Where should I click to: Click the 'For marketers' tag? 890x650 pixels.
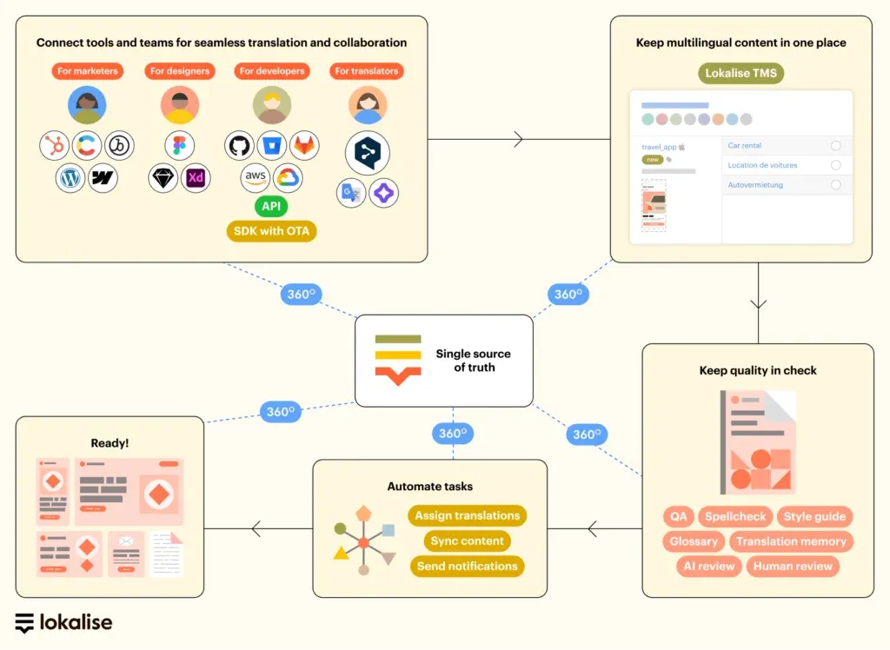pos(88,71)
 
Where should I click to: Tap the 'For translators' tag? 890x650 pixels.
pos(368,71)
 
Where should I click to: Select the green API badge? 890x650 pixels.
pos(271,206)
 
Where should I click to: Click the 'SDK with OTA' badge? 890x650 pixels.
pos(271,231)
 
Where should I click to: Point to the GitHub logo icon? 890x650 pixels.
pos(239,145)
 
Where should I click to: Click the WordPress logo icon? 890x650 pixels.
pos(70,178)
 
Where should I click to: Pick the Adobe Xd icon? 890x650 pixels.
pos(196,178)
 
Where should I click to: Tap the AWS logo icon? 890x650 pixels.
pos(256,177)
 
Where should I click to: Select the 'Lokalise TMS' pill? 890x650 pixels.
pos(741,73)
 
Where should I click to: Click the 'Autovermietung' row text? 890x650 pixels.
pos(755,185)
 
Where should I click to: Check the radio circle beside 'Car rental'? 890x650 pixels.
pos(836,146)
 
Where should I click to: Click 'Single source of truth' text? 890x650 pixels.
pos(473,361)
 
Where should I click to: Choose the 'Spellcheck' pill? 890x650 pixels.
pos(735,516)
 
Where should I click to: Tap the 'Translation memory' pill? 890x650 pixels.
pos(791,541)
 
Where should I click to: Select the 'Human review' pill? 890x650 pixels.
pos(793,566)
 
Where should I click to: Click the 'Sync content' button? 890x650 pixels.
pos(467,541)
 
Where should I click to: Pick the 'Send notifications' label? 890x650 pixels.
pos(467,566)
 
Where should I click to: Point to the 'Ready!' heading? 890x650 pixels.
pos(110,443)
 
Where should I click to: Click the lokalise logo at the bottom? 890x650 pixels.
pos(63,622)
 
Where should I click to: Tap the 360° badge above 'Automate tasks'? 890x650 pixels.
pos(453,434)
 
